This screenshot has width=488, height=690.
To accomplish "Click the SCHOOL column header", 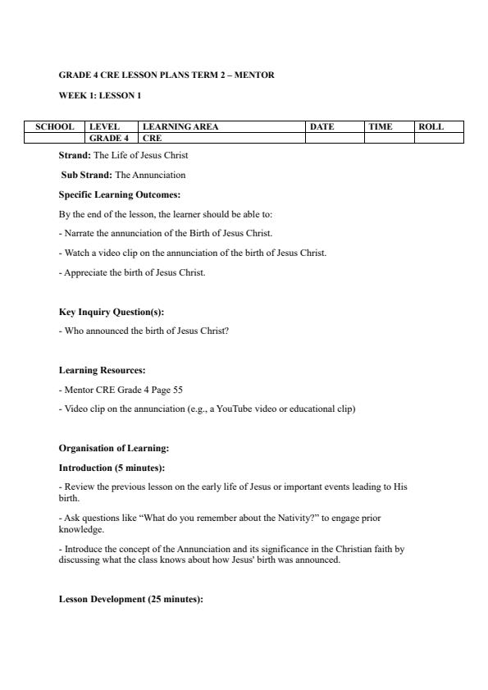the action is [x=54, y=127].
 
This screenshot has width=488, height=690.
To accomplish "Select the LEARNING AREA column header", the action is [x=180, y=127].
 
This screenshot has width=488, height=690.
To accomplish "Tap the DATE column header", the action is [x=322, y=127].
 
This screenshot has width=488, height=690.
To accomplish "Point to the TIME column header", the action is [x=380, y=127].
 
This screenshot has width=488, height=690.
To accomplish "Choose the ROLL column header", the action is [x=431, y=127].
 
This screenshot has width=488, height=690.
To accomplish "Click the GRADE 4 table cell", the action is [x=109, y=139].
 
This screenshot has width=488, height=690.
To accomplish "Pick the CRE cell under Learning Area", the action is [x=153, y=139].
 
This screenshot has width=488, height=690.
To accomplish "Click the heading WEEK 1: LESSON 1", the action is [x=100, y=96].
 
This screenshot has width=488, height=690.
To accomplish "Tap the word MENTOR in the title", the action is [x=256, y=75].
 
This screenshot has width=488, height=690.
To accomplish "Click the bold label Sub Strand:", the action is [x=86, y=175].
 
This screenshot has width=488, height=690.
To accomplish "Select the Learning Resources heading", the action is [x=102, y=371].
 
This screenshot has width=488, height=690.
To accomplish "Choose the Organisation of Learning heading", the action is [x=114, y=449].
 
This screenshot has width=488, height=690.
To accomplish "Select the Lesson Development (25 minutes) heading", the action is [x=130, y=600].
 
